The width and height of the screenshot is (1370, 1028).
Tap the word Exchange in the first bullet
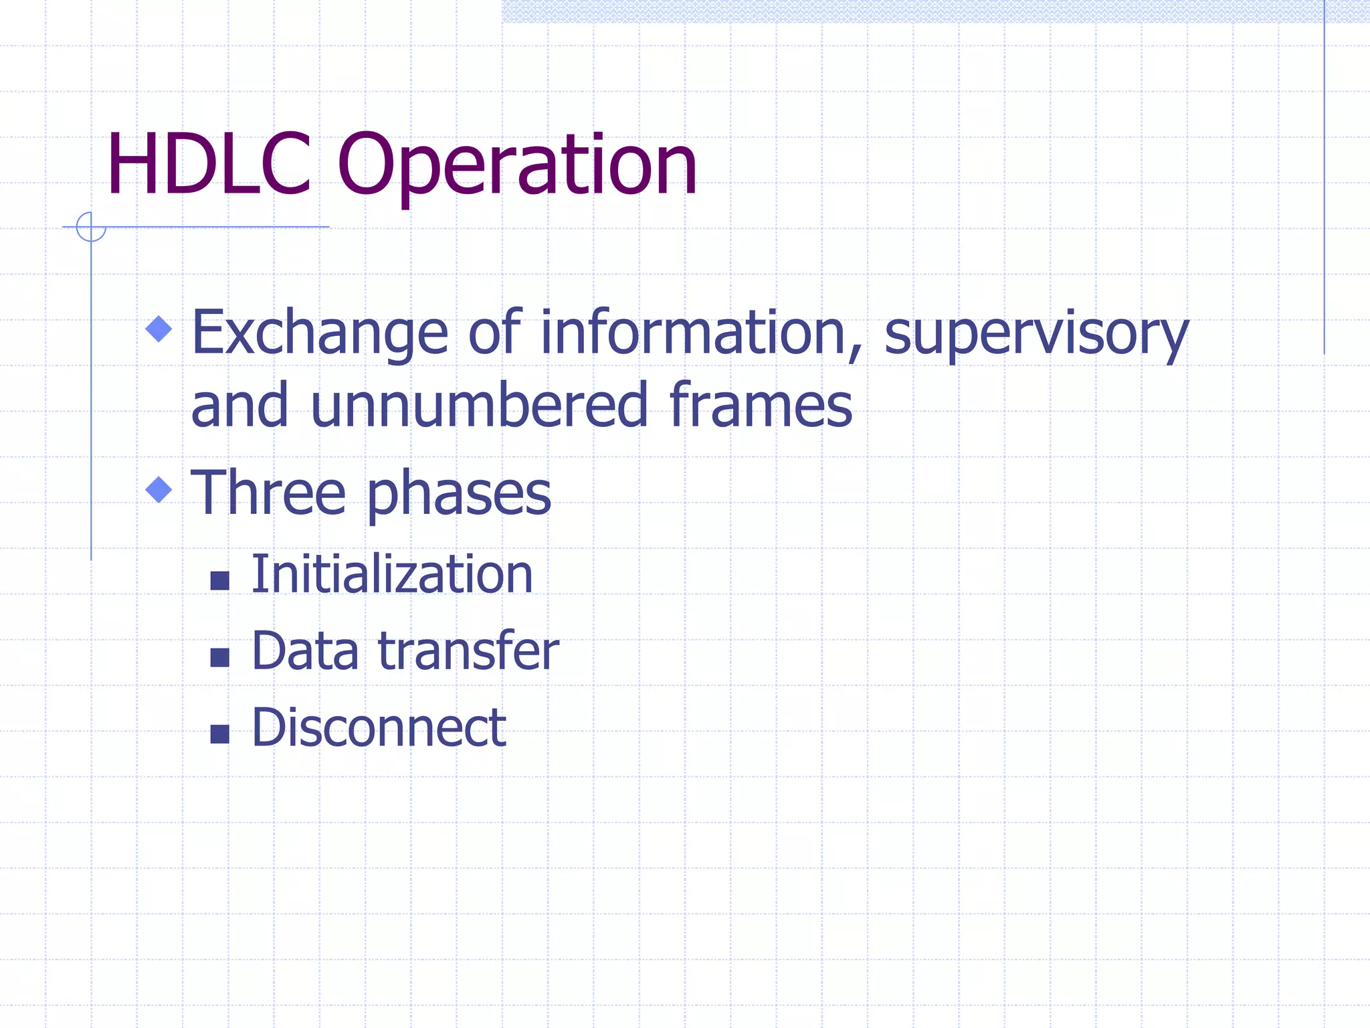(319, 333)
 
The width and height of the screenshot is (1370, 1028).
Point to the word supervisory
(1036, 334)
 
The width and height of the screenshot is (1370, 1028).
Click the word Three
(268, 493)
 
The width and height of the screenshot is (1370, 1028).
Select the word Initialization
(391, 574)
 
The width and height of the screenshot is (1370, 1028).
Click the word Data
(305, 651)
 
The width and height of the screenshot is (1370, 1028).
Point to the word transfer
(468, 651)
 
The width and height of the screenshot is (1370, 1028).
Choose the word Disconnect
(378, 727)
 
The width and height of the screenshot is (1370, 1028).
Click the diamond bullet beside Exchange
(159, 329)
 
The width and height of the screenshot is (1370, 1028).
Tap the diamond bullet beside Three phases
(159, 489)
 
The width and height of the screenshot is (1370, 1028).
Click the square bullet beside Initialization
(219, 580)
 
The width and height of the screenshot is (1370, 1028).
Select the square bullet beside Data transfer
(219, 657)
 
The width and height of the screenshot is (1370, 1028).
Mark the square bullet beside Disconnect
(219, 734)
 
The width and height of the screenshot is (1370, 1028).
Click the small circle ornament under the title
(91, 227)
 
